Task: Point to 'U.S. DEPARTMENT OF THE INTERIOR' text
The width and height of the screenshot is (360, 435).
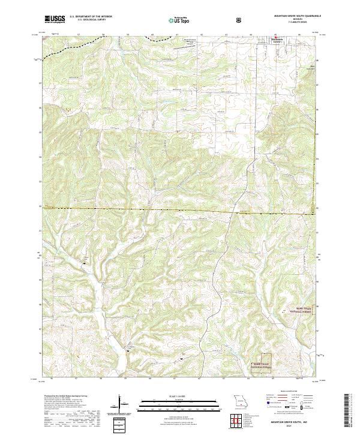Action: (88, 17)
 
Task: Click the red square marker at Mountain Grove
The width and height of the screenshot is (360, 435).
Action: (277, 39)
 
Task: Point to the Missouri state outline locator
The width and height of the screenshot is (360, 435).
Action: (239, 401)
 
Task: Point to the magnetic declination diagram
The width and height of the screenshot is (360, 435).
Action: (121, 403)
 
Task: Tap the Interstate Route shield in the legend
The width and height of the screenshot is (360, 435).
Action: (261, 406)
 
